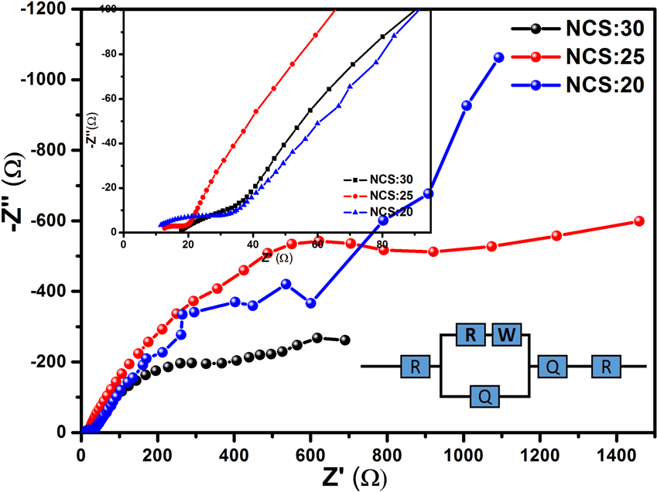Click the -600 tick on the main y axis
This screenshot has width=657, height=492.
tap(53, 221)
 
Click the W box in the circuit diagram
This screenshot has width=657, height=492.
tap(508, 335)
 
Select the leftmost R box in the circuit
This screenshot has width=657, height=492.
tap(415, 366)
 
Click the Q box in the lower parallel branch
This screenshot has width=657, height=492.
tap(484, 397)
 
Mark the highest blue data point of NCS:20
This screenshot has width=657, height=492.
tap(498, 57)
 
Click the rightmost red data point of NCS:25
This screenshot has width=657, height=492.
tap(638, 220)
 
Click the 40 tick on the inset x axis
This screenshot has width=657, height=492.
tap(252, 242)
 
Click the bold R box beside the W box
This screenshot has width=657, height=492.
tap(470, 335)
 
